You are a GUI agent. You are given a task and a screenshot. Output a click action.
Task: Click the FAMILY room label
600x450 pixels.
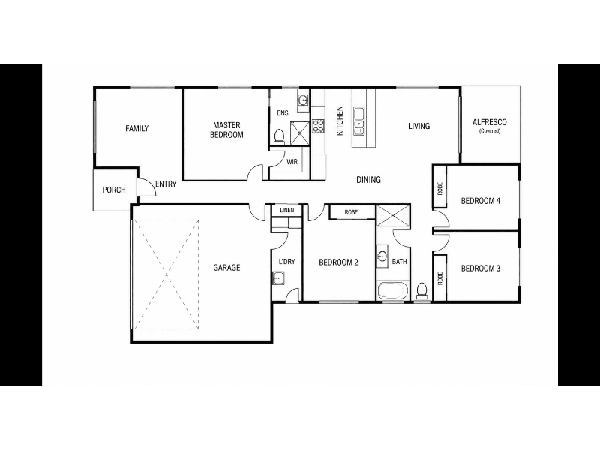[136, 128]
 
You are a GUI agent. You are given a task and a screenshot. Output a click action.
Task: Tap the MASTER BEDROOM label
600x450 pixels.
[226, 130]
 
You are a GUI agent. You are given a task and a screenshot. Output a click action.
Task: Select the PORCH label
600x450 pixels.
[114, 190]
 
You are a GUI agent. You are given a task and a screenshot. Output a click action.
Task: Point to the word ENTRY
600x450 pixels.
[166, 184]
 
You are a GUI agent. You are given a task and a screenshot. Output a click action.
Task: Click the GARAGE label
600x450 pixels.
[226, 268]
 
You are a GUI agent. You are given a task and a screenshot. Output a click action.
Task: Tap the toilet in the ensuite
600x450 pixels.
[279, 137]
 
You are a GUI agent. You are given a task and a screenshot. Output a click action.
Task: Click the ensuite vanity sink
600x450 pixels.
[303, 100]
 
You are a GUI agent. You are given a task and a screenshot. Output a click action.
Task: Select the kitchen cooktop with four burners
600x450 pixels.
[318, 126]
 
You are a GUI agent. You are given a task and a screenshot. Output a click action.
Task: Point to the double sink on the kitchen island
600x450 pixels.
[359, 121]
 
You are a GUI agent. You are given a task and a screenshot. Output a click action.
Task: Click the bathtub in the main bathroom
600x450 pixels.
[393, 291]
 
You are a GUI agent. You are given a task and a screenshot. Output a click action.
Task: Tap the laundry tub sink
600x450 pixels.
[278, 277]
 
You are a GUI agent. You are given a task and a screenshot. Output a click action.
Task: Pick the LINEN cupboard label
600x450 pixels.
[287, 211]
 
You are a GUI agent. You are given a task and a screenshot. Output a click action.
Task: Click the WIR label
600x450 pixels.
[292, 162]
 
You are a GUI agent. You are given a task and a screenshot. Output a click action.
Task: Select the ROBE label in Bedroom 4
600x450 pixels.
[440, 189]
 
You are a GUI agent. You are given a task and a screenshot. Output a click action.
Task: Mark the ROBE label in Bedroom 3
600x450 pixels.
[440, 278]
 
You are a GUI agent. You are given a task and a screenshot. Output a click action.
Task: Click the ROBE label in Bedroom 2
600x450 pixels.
[351, 212]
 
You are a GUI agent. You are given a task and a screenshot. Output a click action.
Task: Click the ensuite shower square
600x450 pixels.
[300, 133]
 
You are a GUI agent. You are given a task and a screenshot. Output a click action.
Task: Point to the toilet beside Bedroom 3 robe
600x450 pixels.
[421, 291]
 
